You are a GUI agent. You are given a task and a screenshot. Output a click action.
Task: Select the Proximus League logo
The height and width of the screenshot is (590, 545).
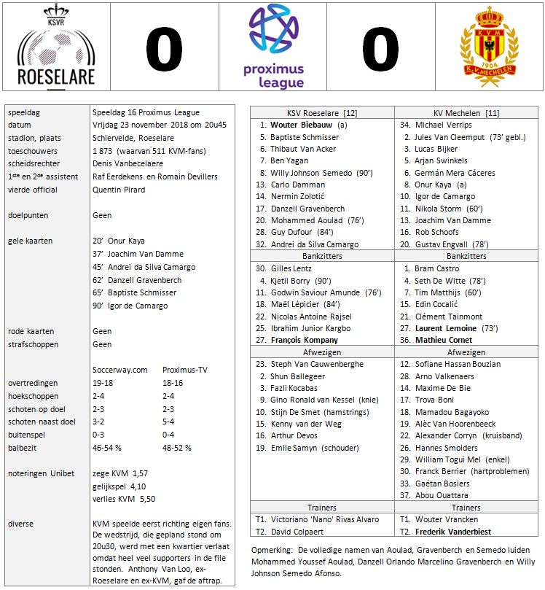[274, 47]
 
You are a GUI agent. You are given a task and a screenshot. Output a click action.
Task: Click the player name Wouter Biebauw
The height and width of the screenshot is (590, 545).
[303, 124]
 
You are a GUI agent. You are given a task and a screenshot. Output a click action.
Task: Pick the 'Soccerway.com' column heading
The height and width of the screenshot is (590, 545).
[120, 370]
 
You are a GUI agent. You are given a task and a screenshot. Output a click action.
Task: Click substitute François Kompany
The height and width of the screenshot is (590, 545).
[305, 340]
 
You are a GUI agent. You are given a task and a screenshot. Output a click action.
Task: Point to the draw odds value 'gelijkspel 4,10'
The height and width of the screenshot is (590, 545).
[120, 486]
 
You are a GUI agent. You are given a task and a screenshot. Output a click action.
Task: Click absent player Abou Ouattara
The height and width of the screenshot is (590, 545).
[442, 495]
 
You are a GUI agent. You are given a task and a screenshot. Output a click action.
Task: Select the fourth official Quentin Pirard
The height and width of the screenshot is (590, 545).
[119, 190]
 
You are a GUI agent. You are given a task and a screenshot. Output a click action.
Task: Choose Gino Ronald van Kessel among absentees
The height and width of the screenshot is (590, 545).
[313, 400]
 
